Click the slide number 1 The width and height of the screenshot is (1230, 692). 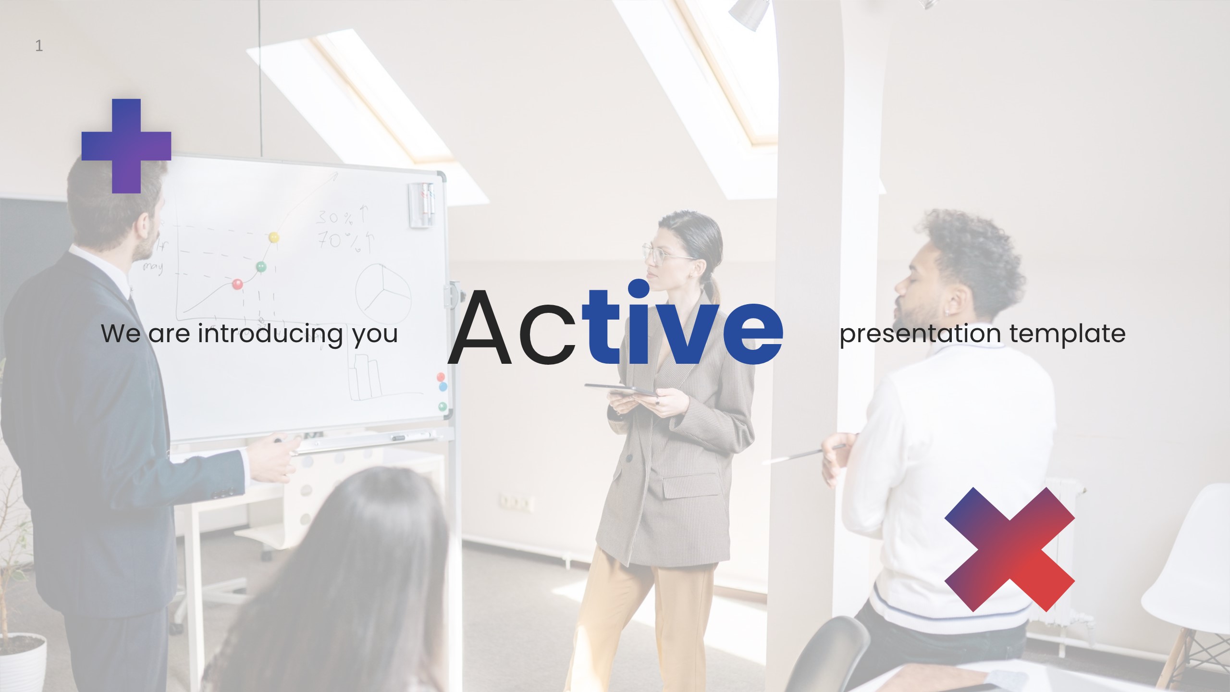click(39, 46)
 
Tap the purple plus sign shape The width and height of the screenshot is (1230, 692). click(126, 146)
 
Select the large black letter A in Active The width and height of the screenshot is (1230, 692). click(479, 329)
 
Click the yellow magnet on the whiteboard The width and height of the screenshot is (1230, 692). click(273, 237)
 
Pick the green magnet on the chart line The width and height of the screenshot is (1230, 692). click(261, 266)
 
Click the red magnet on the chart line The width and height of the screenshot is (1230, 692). click(237, 284)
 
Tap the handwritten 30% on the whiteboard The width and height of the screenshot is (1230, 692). click(335, 218)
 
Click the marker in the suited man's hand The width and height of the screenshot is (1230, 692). click(279, 440)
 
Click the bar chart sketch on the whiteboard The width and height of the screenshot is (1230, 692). click(366, 377)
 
